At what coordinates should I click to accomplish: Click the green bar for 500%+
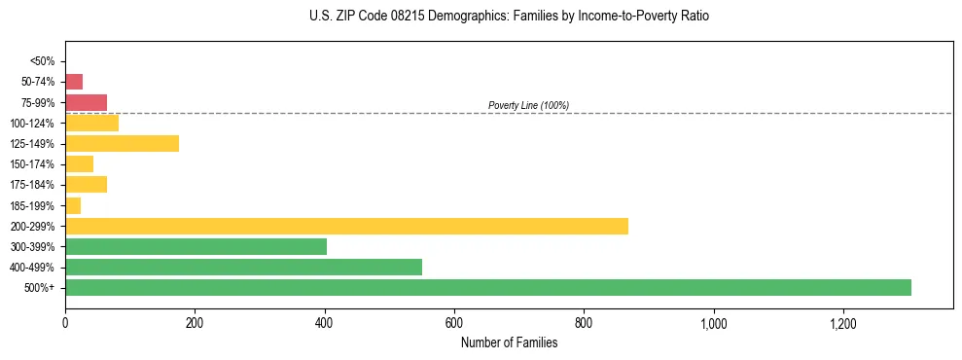pos(487,287)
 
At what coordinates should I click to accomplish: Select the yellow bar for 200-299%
pos(346,226)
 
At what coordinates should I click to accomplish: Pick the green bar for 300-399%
pos(196,246)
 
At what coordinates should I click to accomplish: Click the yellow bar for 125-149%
pos(122,144)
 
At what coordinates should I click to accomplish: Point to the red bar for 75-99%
pos(86,102)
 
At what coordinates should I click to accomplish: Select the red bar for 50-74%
pos(74,82)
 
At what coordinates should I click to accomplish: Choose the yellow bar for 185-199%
pos(73,205)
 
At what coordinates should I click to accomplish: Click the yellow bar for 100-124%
pos(91,123)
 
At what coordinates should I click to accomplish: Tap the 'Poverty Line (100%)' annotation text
pos(528,105)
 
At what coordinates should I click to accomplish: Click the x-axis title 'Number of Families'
pos(509,342)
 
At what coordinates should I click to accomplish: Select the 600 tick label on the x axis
pos(454,323)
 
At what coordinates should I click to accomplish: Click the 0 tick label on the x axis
pos(65,323)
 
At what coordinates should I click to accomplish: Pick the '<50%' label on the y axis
pos(43,61)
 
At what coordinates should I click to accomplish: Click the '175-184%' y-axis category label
pos(32,185)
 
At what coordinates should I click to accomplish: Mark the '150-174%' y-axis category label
pos(32,164)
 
